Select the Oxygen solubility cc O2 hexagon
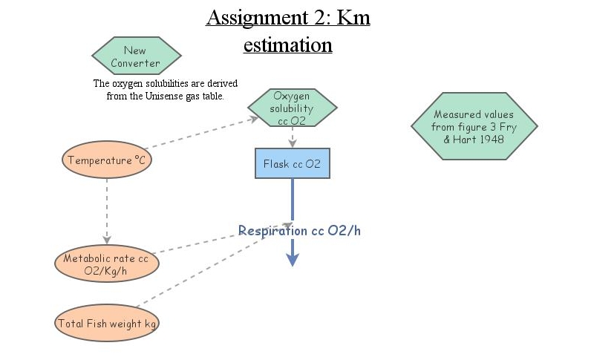(x=291, y=108)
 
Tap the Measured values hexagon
(x=474, y=126)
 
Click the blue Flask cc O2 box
(x=292, y=163)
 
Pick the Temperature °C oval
(x=107, y=160)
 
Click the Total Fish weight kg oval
(x=107, y=324)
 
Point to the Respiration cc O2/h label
(x=299, y=231)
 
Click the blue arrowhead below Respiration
(x=293, y=258)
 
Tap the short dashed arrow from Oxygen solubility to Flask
(x=293, y=137)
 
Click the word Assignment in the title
(x=251, y=18)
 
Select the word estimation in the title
(x=287, y=45)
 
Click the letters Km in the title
(x=353, y=18)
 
